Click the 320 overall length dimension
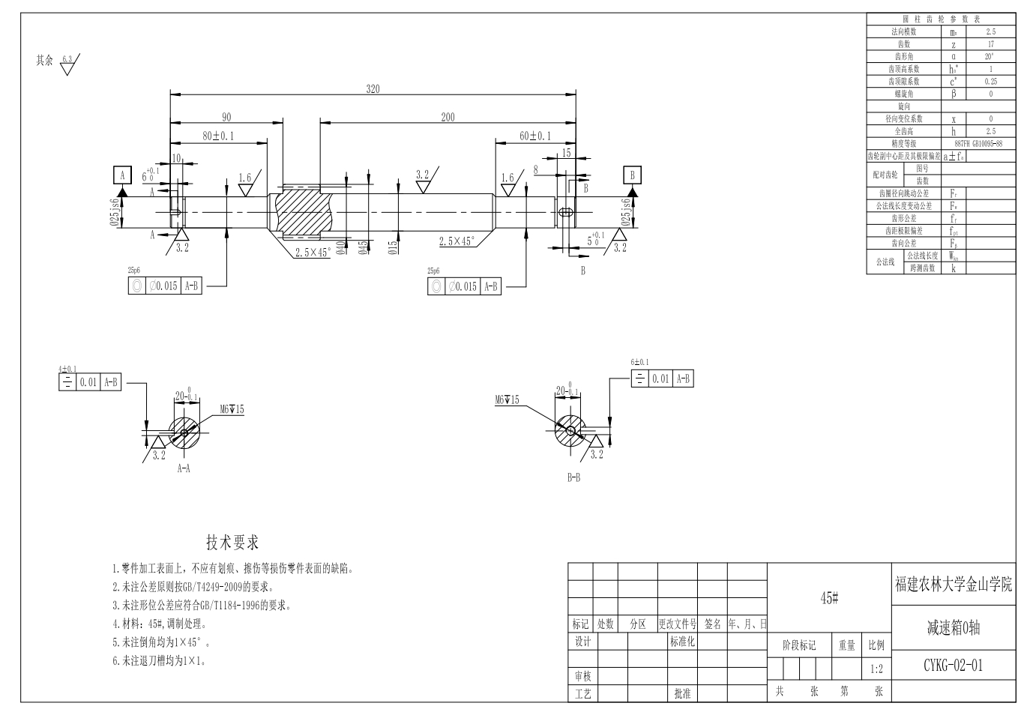tap(373, 88)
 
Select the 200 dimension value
tap(448, 116)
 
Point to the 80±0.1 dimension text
tap(218, 136)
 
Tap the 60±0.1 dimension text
tap(535, 136)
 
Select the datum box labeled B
tap(633, 175)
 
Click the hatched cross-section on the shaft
tap(300, 211)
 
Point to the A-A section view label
tap(184, 468)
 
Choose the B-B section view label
tap(573, 477)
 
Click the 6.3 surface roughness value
tap(67, 58)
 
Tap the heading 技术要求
tap(232, 543)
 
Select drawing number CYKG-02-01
tap(953, 665)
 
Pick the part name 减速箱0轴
tap(953, 628)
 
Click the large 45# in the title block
tap(828, 597)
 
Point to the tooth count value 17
tap(991, 44)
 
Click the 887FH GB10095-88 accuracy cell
tap(978, 143)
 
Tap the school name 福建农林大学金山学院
tap(953, 584)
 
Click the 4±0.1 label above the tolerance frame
tap(68, 369)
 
